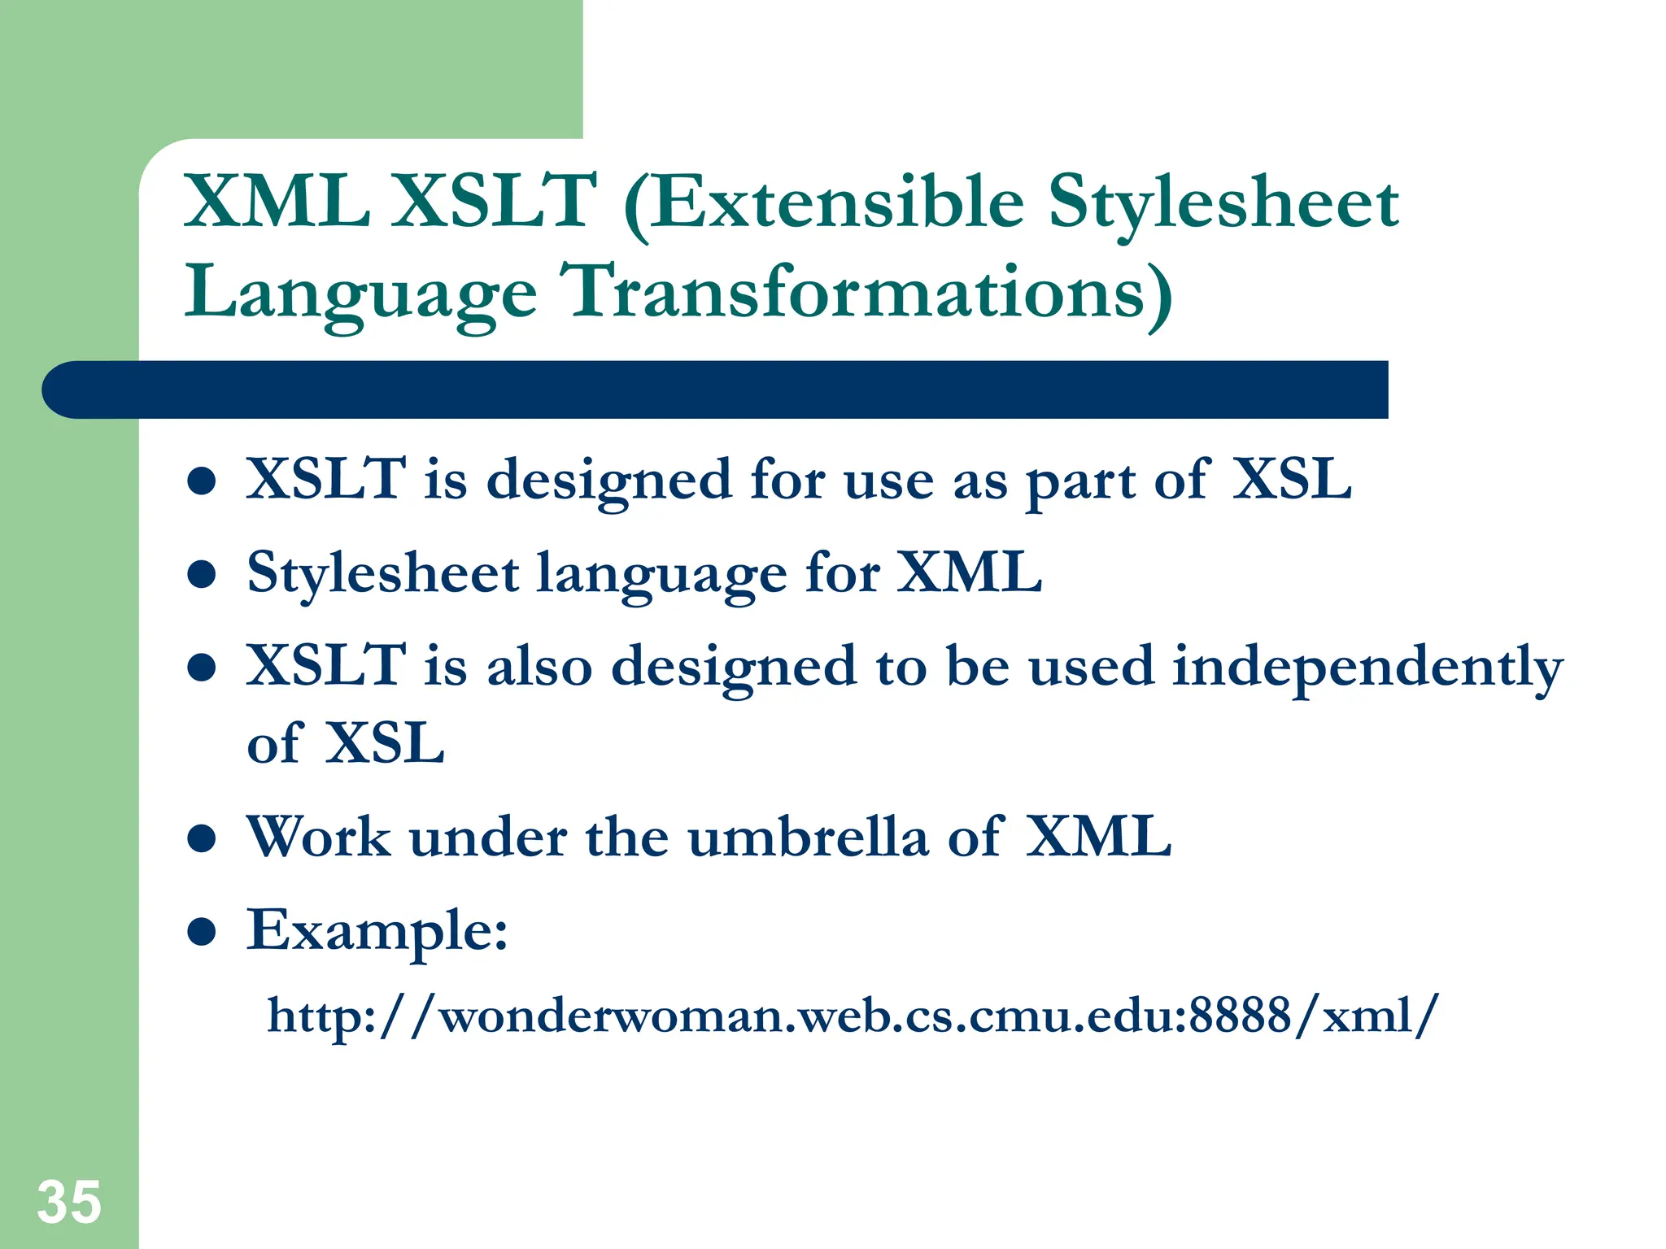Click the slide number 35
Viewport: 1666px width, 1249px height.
(x=68, y=1203)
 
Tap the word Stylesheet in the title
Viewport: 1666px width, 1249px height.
(x=1223, y=203)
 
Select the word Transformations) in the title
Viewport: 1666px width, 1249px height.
(x=867, y=293)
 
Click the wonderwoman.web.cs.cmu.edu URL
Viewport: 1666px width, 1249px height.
(x=853, y=1016)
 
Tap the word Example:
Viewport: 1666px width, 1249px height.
(x=377, y=930)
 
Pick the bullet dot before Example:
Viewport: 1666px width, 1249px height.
(x=201, y=932)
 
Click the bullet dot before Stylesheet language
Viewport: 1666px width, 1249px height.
(x=201, y=575)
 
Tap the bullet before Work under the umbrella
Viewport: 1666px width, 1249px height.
(x=201, y=838)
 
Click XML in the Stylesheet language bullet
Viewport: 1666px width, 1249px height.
(x=969, y=573)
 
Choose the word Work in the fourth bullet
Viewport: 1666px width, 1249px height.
(x=318, y=837)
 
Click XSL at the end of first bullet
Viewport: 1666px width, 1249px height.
(x=1291, y=479)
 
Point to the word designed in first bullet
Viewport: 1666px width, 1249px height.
(x=609, y=481)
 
